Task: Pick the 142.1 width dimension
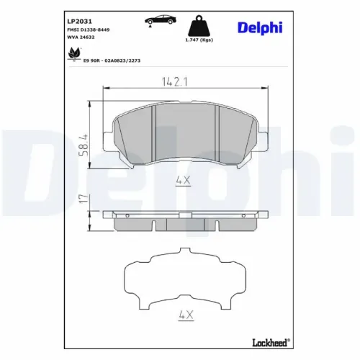(176, 82)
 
